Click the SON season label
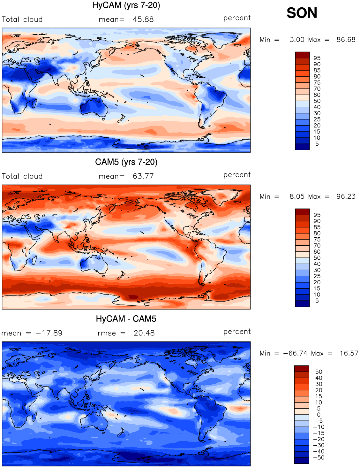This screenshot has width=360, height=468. click(302, 13)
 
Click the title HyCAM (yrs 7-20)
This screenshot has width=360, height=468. click(126, 5)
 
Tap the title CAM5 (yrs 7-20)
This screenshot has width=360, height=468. click(126, 162)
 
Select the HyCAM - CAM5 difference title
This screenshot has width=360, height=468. click(126, 319)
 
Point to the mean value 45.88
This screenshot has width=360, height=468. click(143, 19)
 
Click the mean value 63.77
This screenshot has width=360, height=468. click(143, 176)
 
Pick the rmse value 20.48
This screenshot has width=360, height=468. click(144, 333)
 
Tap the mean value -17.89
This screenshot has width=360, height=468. click(49, 333)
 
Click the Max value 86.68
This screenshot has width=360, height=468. click(346, 40)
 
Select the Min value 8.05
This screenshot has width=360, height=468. click(297, 196)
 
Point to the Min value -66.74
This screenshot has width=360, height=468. click(295, 353)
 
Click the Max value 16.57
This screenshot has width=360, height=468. click(349, 353)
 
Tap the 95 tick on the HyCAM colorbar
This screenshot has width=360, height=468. click(317, 58)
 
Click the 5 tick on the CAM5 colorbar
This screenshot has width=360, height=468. click(317, 301)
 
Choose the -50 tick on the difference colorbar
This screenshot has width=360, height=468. click(319, 457)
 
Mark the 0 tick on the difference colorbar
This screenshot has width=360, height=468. click(319, 415)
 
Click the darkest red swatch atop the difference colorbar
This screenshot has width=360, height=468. click(302, 369)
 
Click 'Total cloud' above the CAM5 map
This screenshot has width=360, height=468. click(22, 176)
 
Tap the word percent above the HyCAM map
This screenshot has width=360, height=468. click(237, 18)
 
